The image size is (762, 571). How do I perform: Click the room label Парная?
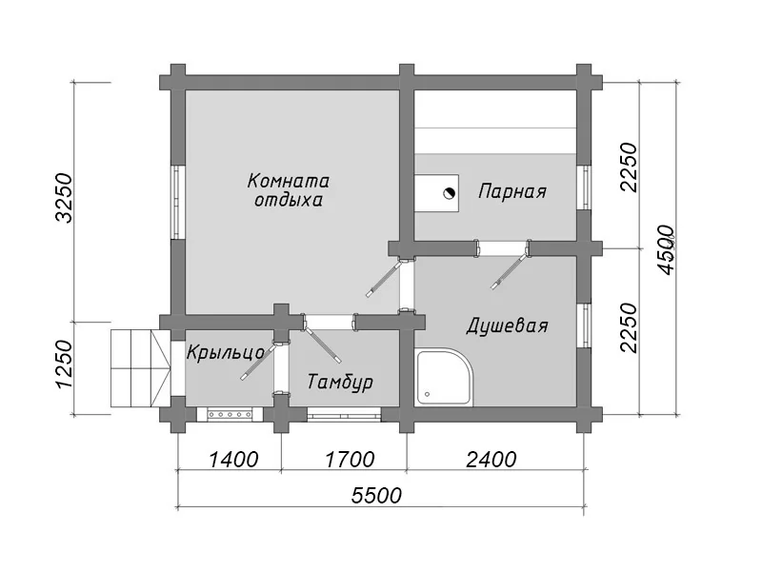[x=512, y=191]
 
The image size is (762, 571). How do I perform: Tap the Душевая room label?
[x=508, y=325]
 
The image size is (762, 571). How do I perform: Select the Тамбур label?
[x=340, y=382]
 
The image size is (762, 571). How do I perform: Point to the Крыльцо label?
[x=226, y=353]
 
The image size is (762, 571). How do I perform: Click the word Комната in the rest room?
[x=289, y=181]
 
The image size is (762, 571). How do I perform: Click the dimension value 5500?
[x=376, y=496]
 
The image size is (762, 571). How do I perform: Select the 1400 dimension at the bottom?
[x=233, y=460]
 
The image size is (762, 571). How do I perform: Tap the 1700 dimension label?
[x=350, y=460]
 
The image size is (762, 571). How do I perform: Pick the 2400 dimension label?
[x=491, y=460]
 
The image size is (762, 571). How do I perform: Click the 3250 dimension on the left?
[x=64, y=198]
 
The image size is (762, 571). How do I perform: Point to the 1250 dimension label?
[x=64, y=364]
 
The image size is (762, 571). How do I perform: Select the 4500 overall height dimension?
[x=666, y=249]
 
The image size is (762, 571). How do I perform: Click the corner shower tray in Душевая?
[x=444, y=377]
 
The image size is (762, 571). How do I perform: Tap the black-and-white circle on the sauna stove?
[x=450, y=193]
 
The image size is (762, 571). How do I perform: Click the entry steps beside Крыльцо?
[x=140, y=368]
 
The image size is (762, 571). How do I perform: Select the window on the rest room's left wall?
[x=178, y=203]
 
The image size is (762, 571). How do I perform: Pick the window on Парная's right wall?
[x=585, y=187]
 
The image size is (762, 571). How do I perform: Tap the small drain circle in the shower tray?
[x=428, y=394]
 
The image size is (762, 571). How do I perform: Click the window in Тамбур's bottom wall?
[x=345, y=414]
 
